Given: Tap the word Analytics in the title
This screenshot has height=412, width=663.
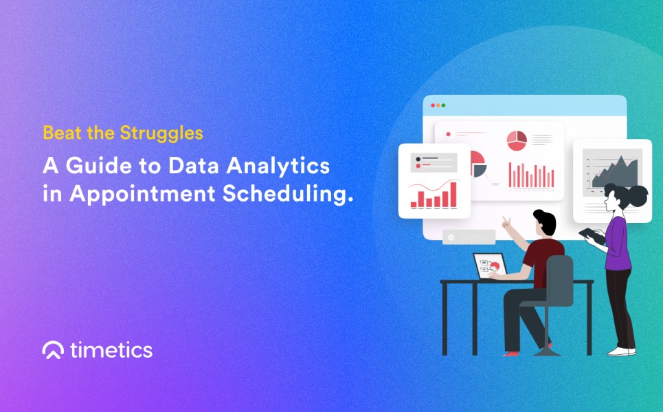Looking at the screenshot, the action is [278, 166].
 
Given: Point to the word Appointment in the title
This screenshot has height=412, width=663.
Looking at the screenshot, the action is [142, 195].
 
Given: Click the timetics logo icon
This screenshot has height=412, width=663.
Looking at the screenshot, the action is [53, 350].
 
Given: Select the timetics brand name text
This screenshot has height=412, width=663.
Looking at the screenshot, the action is [111, 350].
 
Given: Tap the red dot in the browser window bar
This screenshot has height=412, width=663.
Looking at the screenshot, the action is [433, 105].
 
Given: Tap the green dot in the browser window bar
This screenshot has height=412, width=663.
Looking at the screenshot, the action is [443, 105].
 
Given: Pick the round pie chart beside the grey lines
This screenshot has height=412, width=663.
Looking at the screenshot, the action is [517, 140].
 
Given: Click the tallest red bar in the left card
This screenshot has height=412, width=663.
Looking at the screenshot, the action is [453, 195].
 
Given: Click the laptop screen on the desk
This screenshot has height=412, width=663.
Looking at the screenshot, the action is [490, 266].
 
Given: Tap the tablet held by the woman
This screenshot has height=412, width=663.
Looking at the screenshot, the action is [592, 236].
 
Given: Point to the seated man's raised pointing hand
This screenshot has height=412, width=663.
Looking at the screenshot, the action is [506, 221].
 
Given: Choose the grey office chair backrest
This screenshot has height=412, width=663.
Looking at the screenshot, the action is [559, 281].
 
